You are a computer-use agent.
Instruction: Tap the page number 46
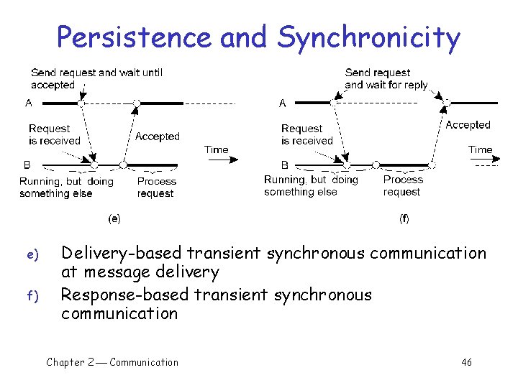point(466,362)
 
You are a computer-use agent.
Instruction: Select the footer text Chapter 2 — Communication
point(112,362)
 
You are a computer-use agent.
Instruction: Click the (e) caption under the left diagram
point(114,218)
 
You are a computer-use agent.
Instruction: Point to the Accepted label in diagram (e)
point(158,137)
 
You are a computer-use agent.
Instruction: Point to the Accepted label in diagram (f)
point(468,125)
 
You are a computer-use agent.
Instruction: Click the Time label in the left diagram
point(216,150)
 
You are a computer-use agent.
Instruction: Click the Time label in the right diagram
point(480,150)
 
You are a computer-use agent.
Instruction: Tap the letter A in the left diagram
point(28,103)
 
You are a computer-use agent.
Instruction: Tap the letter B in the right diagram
point(285,165)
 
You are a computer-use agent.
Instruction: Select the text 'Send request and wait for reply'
point(386,78)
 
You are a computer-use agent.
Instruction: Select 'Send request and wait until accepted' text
point(96,78)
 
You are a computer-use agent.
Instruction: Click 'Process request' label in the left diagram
point(156,188)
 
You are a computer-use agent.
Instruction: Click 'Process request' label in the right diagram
point(402,185)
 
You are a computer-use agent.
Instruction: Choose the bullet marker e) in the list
point(31,254)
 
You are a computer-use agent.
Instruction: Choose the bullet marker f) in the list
point(31,295)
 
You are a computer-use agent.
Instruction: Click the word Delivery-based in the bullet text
point(122,253)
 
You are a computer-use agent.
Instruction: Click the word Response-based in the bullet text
point(124,295)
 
